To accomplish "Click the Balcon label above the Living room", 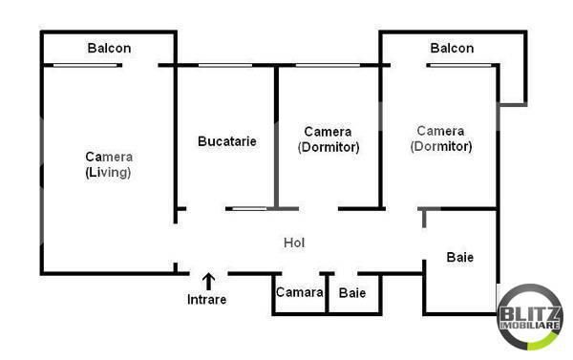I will click(109, 48).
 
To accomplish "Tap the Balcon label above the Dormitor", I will click(452, 48).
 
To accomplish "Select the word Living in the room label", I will click(109, 173).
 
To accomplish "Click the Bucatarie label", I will click(226, 141).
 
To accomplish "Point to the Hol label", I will click(294, 243).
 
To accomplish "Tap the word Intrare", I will click(206, 300).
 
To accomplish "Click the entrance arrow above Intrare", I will click(207, 281).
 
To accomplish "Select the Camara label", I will click(299, 292).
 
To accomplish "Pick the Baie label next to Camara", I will click(352, 292).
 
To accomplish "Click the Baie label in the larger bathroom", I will click(460, 257).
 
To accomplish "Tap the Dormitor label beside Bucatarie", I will click(328, 147).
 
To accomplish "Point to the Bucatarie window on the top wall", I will click(225, 65).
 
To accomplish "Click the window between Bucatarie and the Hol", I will click(248, 208).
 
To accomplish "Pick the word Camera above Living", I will click(109, 158).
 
